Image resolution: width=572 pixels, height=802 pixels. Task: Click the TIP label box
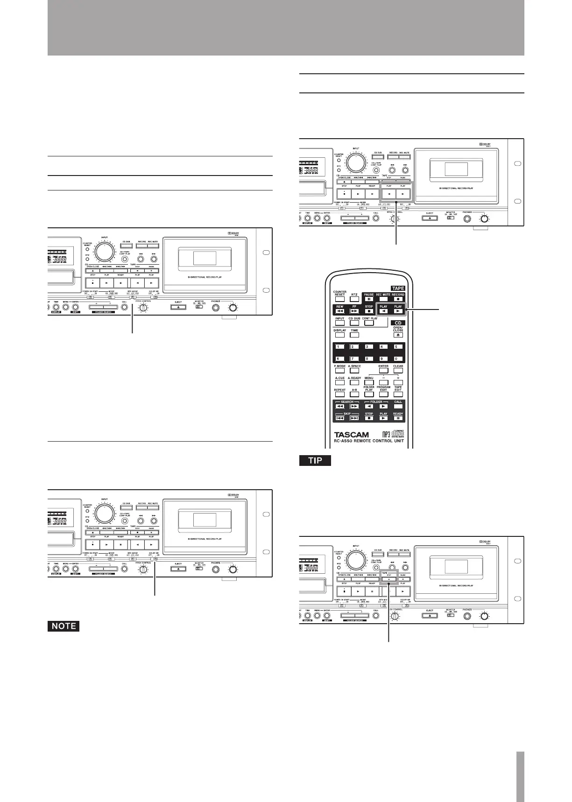315,460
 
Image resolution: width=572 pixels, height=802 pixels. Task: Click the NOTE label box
64,626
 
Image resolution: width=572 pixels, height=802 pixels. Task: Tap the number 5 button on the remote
398,347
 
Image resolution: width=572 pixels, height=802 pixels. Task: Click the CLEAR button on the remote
398,371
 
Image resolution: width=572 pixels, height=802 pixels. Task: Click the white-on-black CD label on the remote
398,323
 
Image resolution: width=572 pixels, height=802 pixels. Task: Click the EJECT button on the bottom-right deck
430,616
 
